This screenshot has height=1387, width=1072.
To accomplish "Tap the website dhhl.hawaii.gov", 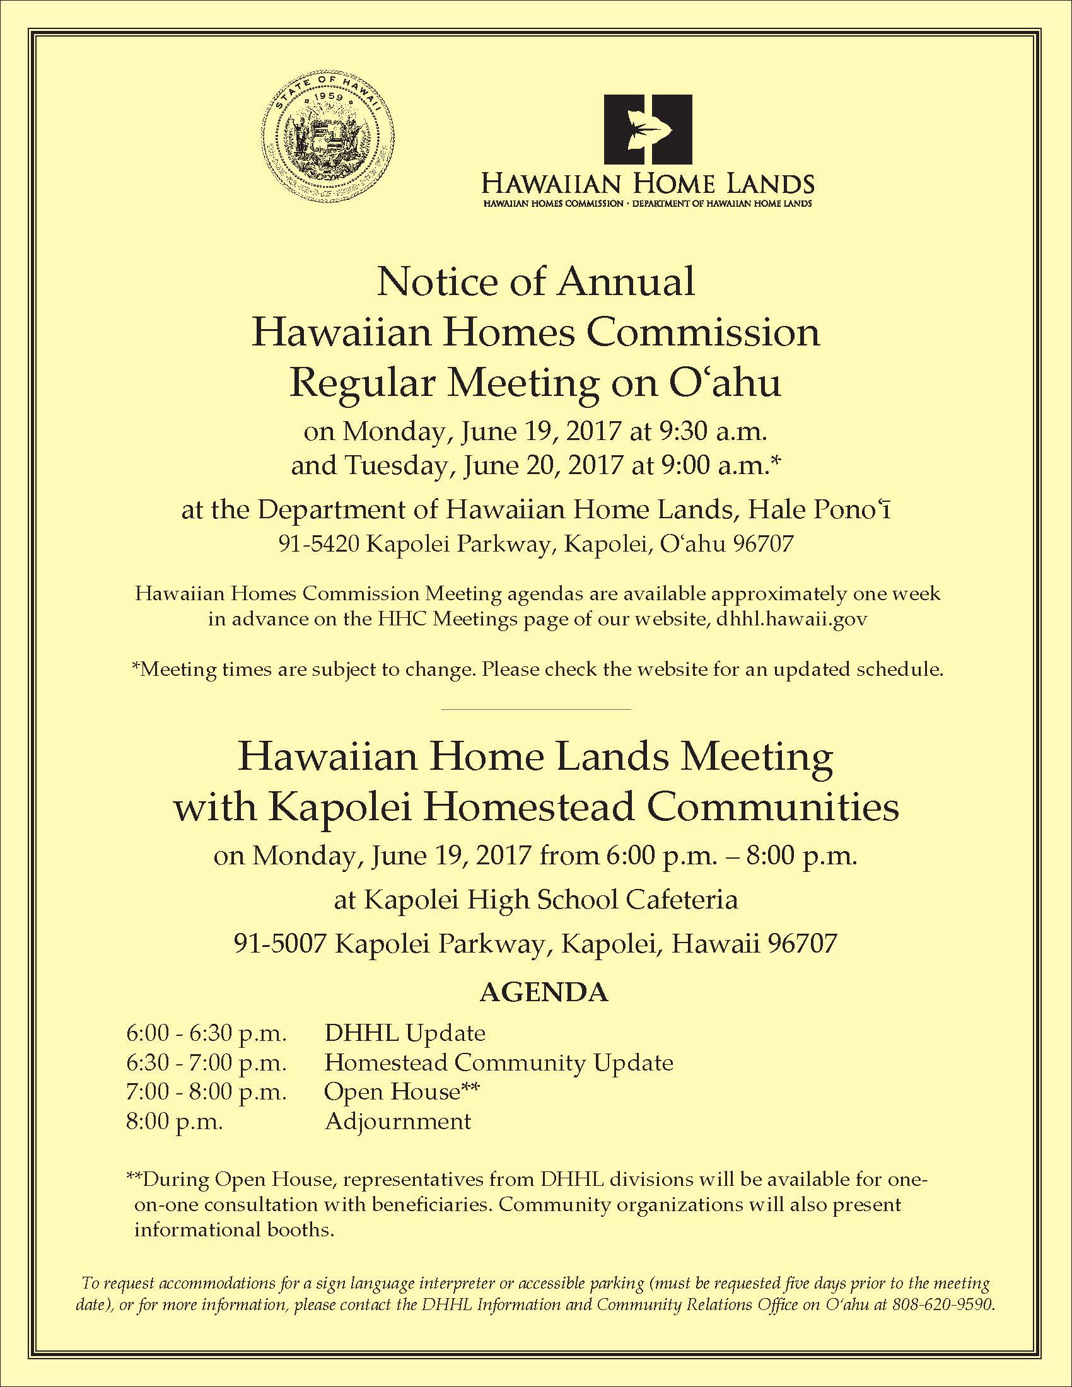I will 791,619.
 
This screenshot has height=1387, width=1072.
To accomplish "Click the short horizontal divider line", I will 535,709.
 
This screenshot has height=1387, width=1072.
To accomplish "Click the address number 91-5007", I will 280,944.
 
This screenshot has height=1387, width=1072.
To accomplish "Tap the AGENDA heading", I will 544,992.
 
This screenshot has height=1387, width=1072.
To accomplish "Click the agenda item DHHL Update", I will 405,1033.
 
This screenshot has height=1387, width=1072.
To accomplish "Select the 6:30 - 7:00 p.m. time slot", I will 206,1062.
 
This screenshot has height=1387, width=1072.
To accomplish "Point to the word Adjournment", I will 398,1122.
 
